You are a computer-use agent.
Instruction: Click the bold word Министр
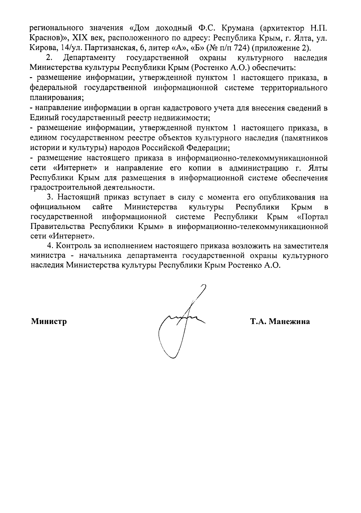[x=49, y=322]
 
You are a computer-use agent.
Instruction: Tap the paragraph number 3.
[x=49, y=197]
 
